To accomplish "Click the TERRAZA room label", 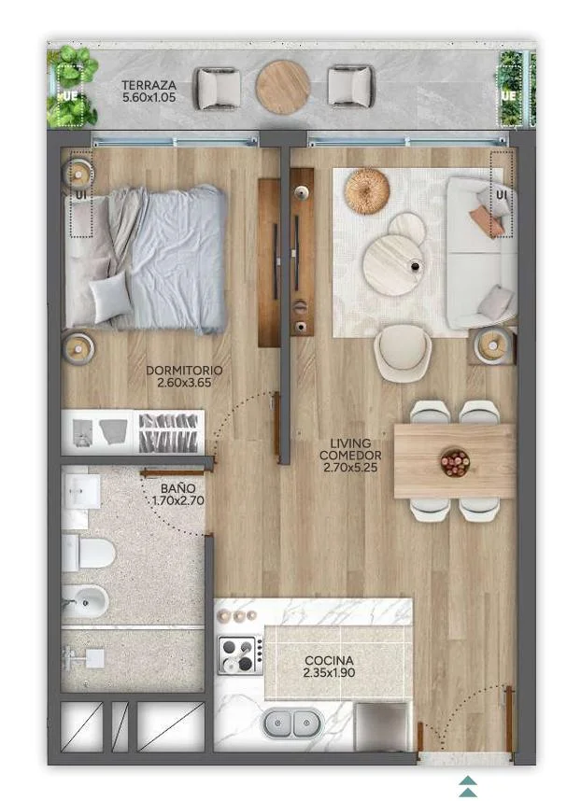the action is click(x=149, y=85).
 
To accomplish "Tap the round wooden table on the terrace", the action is click(x=283, y=87).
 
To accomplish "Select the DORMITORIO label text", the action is click(x=184, y=371).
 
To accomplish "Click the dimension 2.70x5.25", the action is click(x=350, y=467).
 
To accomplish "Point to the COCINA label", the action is click(x=329, y=661).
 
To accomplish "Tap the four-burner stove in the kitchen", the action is click(x=240, y=654).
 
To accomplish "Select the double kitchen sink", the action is click(x=291, y=724).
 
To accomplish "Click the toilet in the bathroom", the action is click(x=88, y=553).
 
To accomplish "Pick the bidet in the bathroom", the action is click(x=85, y=602).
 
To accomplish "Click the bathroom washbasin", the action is click(x=82, y=491).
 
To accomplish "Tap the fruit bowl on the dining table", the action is click(x=455, y=462).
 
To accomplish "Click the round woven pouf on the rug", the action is click(x=367, y=190).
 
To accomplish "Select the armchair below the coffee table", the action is click(x=403, y=354).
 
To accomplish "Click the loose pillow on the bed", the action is click(x=110, y=296).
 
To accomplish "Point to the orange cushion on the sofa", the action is click(x=486, y=219).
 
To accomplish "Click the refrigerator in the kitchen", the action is click(x=383, y=726).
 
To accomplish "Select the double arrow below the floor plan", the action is click(x=468, y=786).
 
